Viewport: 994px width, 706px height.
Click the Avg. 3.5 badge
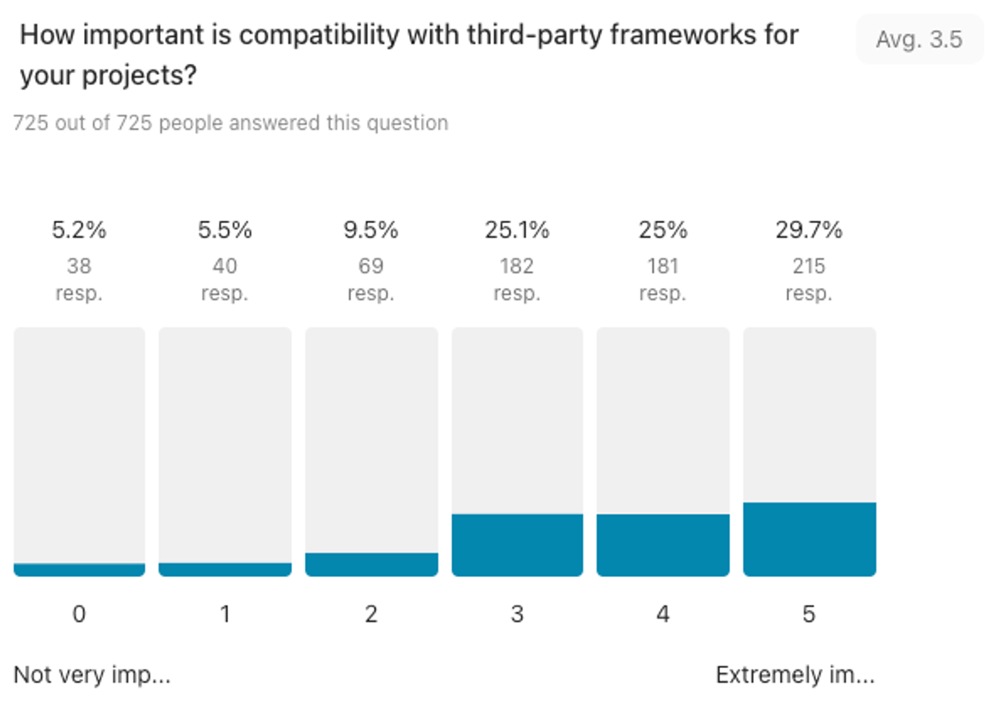click(x=919, y=39)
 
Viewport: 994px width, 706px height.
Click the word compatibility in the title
click(x=319, y=35)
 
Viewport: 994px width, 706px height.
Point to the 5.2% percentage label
click(x=79, y=230)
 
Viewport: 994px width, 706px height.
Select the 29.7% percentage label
click(x=809, y=230)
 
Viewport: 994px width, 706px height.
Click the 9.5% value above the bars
click(x=371, y=230)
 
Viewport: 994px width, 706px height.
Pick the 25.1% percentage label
click(x=517, y=230)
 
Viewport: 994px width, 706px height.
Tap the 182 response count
click(x=517, y=266)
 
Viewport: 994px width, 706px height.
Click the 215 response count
click(x=809, y=266)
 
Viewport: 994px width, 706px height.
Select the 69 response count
click(x=371, y=266)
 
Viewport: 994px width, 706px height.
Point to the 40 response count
click(x=225, y=266)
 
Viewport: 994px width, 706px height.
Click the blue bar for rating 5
click(x=809, y=539)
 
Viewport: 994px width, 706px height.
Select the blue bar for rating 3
click(x=517, y=545)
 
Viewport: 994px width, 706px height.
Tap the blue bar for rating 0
click(x=79, y=570)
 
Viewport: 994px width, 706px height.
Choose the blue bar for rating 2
click(x=371, y=564)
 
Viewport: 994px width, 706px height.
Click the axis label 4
click(x=663, y=615)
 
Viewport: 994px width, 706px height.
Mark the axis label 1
click(x=225, y=615)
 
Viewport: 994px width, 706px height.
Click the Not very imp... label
click(x=92, y=675)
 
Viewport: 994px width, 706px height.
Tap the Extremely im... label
click(x=795, y=675)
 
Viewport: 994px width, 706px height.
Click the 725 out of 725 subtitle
click(x=231, y=123)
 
